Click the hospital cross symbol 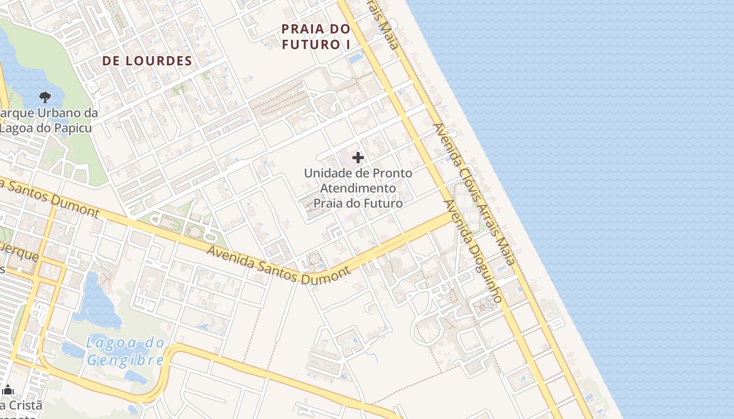tap(358, 157)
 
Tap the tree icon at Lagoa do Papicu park tap(45, 97)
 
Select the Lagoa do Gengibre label tap(125, 352)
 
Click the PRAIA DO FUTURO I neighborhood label tap(316, 37)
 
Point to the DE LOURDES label tap(147, 61)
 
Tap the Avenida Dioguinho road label tap(474, 251)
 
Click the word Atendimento tap(358, 188)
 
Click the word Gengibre tap(125, 360)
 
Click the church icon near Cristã tap(8, 390)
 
